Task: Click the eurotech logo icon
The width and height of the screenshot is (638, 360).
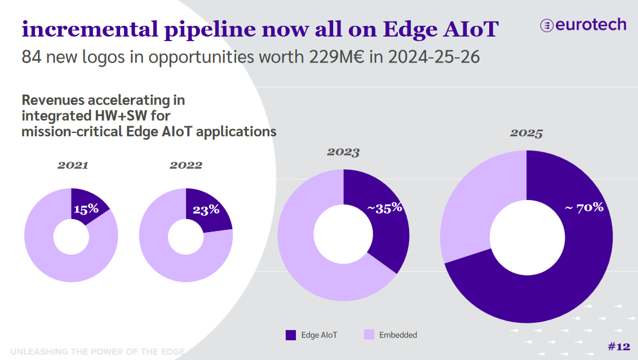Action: (546, 25)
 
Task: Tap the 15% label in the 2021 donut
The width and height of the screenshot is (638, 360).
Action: (86, 209)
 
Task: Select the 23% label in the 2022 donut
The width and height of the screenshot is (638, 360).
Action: (206, 210)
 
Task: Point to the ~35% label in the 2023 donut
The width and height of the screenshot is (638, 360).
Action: (385, 207)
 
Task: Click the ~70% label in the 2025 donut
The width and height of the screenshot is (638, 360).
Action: (584, 207)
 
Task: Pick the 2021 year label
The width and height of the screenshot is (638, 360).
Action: (73, 166)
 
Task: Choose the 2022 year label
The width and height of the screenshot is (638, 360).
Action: (185, 166)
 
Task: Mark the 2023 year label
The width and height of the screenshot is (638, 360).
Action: (343, 152)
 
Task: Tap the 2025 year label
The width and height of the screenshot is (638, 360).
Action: (526, 134)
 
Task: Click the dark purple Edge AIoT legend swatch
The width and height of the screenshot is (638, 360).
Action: (291, 335)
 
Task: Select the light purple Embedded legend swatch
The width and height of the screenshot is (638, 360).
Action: (369, 335)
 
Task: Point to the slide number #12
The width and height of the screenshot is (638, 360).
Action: (619, 346)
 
